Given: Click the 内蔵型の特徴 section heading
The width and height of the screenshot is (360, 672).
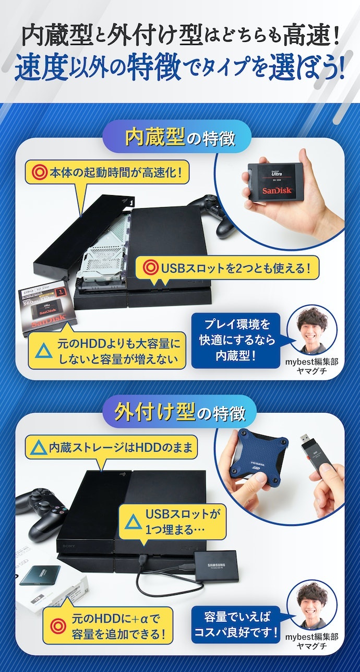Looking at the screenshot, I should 179,139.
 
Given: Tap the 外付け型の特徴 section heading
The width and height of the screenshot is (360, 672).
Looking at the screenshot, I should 179,413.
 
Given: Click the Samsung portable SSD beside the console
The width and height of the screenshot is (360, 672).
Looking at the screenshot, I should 216,566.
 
